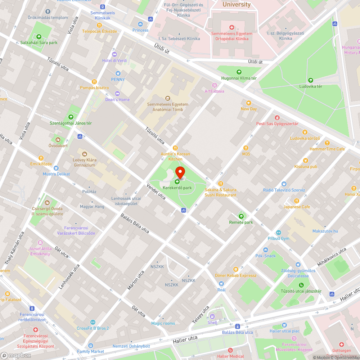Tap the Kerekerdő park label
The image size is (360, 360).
(177, 188)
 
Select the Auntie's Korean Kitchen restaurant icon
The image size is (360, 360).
(175, 148)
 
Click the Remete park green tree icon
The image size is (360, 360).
(241, 216)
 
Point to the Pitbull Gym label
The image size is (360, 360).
(278, 239)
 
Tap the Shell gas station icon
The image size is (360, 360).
(212, 316)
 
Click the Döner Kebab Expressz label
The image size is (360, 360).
(236, 275)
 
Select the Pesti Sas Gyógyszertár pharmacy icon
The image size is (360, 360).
(277, 117)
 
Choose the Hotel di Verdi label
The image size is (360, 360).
(114, 60)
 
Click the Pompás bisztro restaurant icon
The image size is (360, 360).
(94, 82)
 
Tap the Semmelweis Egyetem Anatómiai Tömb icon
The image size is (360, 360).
(167, 98)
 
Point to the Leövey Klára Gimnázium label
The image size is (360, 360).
(84, 163)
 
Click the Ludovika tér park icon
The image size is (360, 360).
(311, 80)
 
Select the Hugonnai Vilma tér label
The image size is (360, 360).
(239, 78)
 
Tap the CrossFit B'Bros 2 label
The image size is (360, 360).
(93, 328)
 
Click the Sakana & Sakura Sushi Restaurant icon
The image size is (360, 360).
(221, 184)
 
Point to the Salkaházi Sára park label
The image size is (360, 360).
(39, 42)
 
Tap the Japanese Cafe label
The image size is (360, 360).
(296, 207)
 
